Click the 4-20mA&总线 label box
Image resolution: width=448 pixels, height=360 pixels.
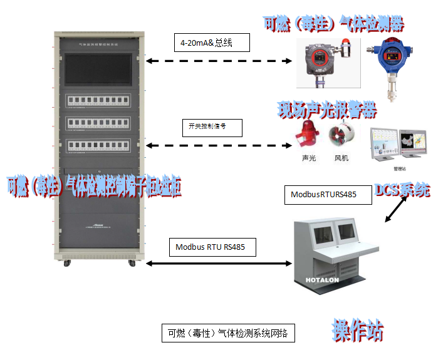click(211, 43)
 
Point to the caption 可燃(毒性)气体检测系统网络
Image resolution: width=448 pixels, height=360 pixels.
click(227, 333)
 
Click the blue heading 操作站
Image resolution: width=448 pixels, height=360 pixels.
click(357, 331)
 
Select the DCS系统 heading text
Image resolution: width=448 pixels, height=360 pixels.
click(402, 190)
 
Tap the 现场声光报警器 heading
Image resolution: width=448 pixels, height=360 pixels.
click(327, 111)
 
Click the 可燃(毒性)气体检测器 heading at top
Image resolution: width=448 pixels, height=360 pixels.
click(333, 24)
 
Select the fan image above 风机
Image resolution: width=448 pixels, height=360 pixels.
click(342, 137)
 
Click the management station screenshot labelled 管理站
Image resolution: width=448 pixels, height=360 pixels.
click(398, 144)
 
